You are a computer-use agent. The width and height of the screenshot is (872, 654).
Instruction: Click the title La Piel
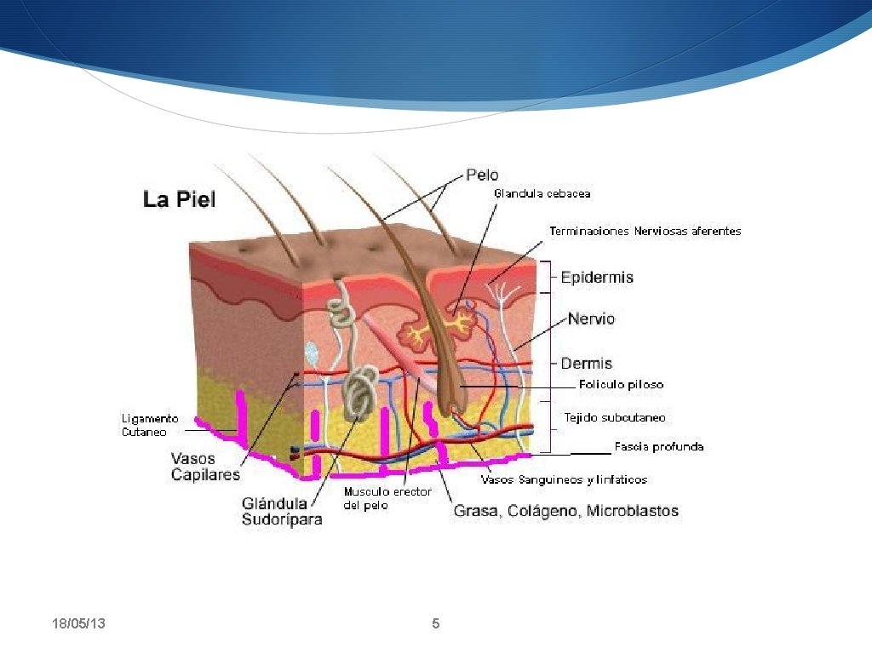179,200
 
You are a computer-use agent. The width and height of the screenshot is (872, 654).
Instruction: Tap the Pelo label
482,175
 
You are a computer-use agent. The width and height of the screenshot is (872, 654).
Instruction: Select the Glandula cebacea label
542,194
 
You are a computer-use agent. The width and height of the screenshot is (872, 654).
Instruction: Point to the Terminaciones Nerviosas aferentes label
645,231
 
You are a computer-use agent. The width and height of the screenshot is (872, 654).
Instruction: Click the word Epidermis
597,278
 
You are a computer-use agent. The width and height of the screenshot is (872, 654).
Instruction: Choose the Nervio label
591,319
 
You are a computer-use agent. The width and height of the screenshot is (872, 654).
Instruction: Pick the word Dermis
586,364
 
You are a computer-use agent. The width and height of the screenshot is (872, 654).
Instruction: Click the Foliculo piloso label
621,385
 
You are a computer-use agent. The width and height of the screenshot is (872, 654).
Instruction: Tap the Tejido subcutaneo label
615,418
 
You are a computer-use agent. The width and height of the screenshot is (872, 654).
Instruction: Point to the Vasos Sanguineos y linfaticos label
564,479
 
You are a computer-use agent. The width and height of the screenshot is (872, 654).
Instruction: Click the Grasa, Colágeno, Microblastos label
565,511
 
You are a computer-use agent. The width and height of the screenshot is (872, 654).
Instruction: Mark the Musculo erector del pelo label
387,498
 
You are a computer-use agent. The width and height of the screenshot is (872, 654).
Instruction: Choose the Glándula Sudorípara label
282,512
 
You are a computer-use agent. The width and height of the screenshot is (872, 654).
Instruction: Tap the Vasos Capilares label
205,467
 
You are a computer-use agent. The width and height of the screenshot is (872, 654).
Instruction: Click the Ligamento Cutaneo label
150,425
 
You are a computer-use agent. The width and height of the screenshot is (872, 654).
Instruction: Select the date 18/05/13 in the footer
78,625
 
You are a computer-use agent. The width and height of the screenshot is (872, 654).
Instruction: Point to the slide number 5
436,624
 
